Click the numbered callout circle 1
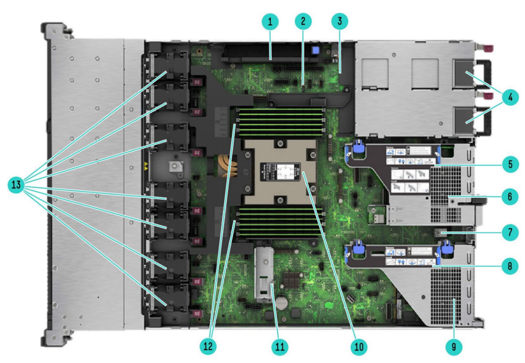270,23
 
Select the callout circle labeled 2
303,23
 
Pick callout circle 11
280,347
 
